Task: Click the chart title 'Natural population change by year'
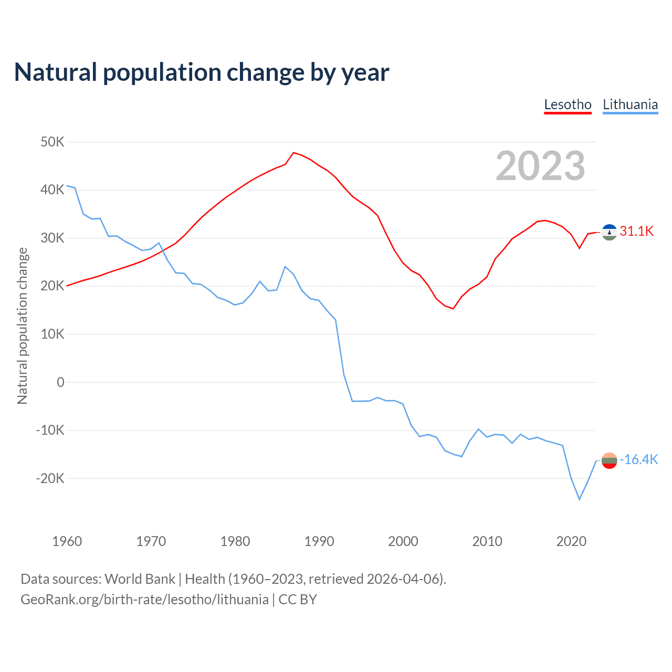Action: coord(202,72)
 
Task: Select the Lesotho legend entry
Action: coord(568,104)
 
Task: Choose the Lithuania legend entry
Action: coord(630,104)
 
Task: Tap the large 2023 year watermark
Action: coord(540,165)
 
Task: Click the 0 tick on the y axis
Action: coord(61,382)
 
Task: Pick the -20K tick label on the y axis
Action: coord(50,478)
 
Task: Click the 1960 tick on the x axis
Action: coord(67,541)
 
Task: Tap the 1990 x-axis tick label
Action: coord(319,541)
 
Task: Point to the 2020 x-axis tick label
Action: coord(571,541)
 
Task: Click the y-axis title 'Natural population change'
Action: coord(22,325)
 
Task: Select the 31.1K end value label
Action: coord(636,231)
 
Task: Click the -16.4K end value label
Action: coord(639,460)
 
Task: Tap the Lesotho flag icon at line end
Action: coord(609,232)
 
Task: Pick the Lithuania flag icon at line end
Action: coord(609,460)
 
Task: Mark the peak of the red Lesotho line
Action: coord(293,152)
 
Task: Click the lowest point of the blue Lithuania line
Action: coord(580,499)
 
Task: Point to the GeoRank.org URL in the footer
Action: coord(144,600)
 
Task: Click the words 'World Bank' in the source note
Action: coord(140,579)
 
